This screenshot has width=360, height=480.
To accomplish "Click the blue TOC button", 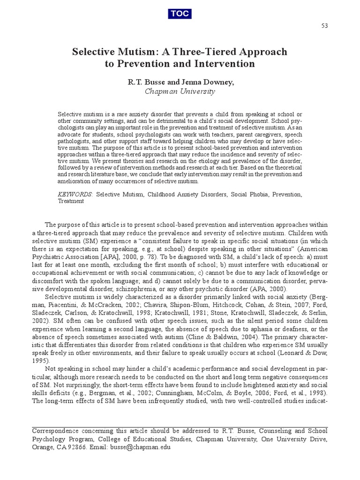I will tap(180, 14).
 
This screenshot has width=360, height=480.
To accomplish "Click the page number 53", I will tap(324, 25).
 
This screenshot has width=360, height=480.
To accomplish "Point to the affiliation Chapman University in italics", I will tap(180, 91).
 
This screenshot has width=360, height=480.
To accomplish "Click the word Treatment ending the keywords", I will tap(71, 201).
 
